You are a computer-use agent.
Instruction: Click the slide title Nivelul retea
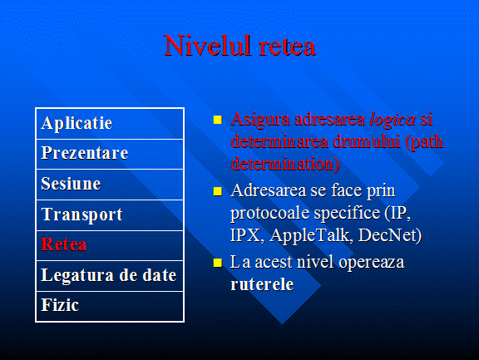[x=239, y=46]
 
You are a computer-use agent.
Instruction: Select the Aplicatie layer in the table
[x=110, y=124]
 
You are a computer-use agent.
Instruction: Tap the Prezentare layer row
[x=110, y=154]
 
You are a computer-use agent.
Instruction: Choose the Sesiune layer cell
[x=110, y=185]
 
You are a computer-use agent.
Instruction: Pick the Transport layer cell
[x=110, y=215]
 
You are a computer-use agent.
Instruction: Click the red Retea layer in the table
[x=110, y=245]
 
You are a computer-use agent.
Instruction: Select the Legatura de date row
[x=110, y=276]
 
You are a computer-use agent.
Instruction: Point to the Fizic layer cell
[x=110, y=306]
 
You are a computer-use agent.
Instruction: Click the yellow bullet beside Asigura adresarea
[x=218, y=120]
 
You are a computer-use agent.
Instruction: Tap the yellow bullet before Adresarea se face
[x=218, y=191]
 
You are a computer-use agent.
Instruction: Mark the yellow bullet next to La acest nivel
[x=218, y=263]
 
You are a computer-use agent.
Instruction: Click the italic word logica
[x=393, y=120]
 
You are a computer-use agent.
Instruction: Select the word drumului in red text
[x=366, y=141]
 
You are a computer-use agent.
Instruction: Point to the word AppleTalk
[x=312, y=236]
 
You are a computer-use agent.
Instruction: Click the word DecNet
[x=390, y=235]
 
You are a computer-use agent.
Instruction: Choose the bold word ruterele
[x=262, y=284]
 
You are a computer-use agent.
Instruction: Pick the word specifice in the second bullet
[x=347, y=213]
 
